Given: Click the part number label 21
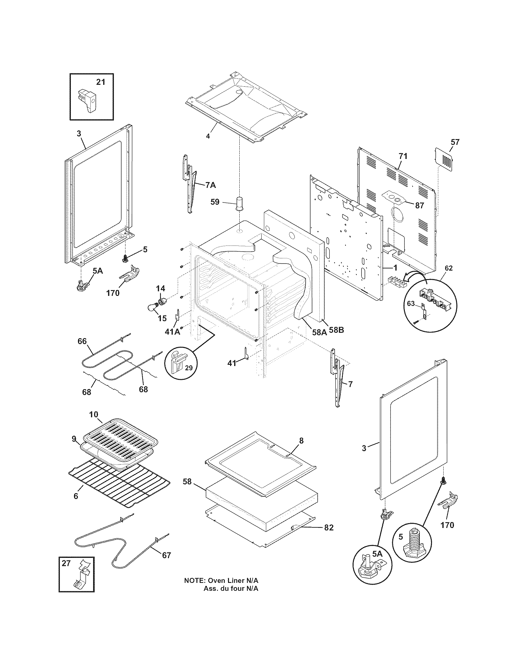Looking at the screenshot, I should [x=100, y=82].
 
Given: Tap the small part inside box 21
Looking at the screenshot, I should [x=89, y=100].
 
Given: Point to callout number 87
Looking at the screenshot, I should [x=420, y=206].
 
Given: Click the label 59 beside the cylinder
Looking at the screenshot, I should [x=215, y=202].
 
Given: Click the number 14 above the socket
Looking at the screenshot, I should [x=160, y=288].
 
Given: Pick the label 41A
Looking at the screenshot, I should [x=172, y=332].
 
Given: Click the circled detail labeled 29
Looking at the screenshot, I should [x=181, y=364].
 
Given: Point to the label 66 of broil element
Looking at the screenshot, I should [x=82, y=341].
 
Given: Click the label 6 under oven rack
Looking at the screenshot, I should [x=76, y=496].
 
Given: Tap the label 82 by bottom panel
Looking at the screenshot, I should [x=328, y=527].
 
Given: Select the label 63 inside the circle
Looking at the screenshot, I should [x=411, y=304].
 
